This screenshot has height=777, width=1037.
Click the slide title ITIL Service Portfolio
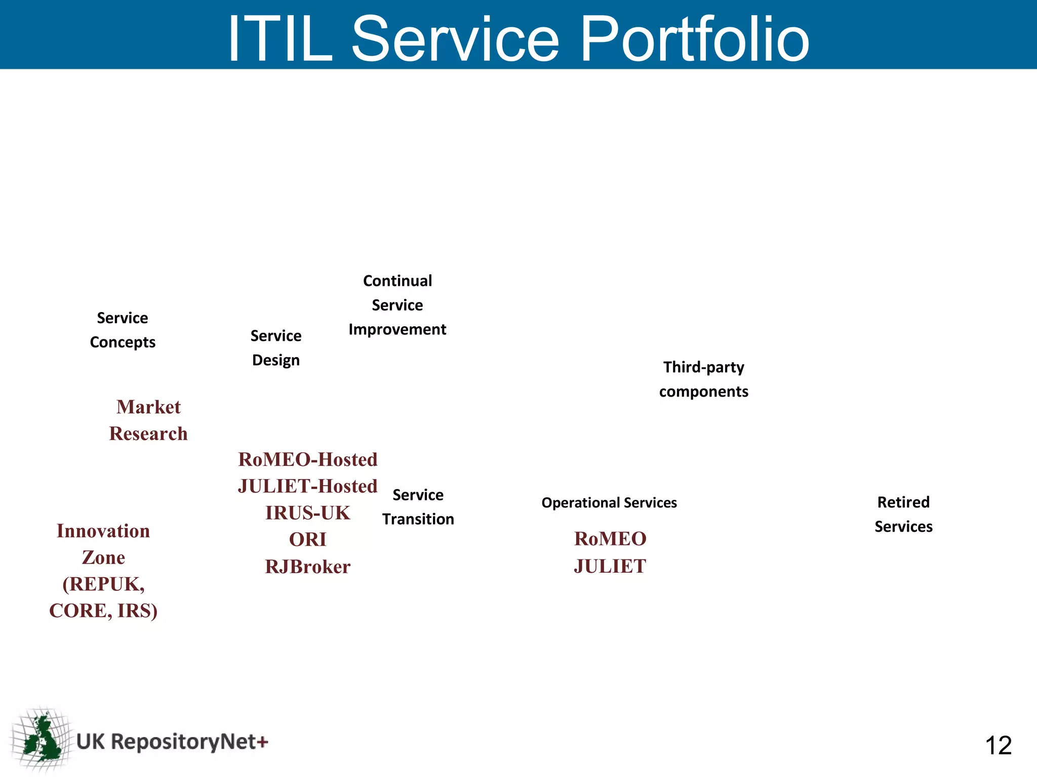click(x=518, y=38)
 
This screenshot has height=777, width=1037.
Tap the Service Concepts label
click(x=123, y=330)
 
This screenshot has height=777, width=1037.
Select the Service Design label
click(x=276, y=348)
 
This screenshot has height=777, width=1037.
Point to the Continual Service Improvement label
click(x=397, y=305)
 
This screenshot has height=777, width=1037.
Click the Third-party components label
click(x=703, y=379)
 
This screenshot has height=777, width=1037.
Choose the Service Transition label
click(x=418, y=507)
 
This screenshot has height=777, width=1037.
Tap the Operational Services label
click(x=609, y=503)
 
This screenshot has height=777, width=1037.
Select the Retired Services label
click(x=903, y=514)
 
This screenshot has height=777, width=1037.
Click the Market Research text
click(x=148, y=420)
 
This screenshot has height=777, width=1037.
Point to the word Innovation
click(x=103, y=531)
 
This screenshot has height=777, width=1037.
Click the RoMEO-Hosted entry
click(x=308, y=460)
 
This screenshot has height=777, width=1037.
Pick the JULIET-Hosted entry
click(x=308, y=487)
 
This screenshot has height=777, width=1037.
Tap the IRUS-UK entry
click(x=308, y=513)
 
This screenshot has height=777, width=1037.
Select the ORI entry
click(x=308, y=540)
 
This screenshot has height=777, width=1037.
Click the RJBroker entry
click(x=308, y=567)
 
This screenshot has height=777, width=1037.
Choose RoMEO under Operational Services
click(x=610, y=539)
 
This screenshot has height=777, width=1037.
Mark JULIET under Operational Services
click(x=610, y=567)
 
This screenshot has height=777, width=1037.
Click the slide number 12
click(x=998, y=746)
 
